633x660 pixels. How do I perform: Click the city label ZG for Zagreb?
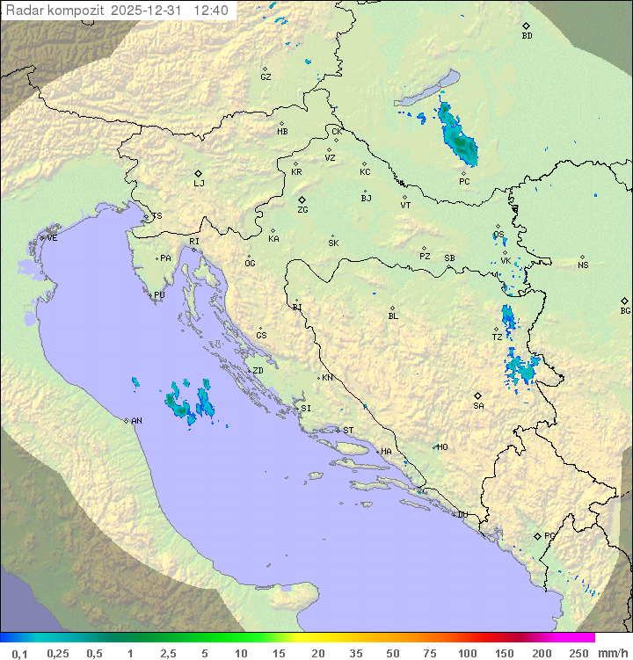(302, 210)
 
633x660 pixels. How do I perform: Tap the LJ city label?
(199, 183)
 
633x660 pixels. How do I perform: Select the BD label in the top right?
(527, 36)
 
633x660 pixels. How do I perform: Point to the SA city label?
(478, 406)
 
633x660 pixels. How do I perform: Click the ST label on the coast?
(348, 431)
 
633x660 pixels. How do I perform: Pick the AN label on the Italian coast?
(136, 421)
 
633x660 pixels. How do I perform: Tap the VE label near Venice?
(52, 238)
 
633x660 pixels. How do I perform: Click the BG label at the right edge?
(625, 310)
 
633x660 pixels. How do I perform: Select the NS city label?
(583, 265)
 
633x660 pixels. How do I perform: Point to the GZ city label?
(266, 77)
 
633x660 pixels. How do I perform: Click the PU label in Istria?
(159, 295)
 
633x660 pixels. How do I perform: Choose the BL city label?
(393, 316)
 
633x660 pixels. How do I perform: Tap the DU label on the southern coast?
(462, 515)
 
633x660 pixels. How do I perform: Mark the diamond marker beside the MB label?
(281, 124)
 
